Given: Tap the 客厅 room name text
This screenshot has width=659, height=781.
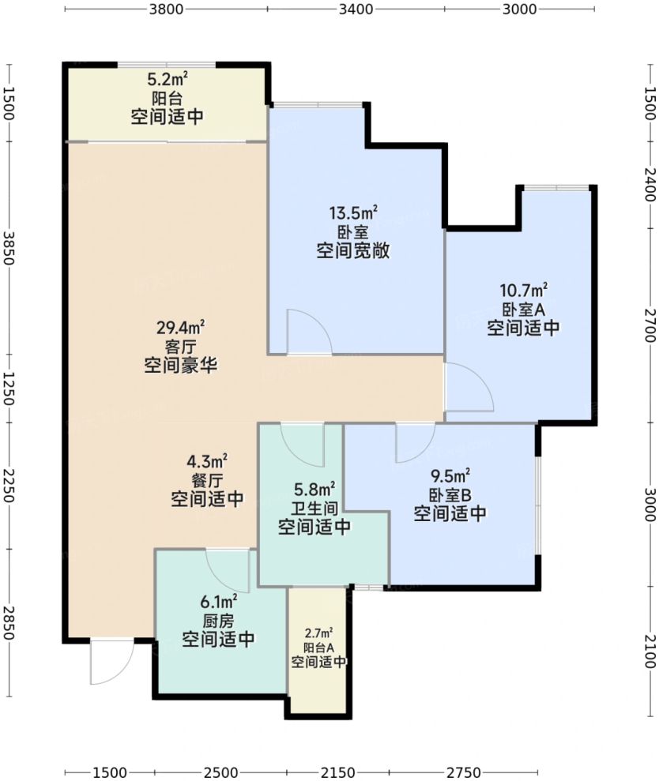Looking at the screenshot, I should (x=181, y=346).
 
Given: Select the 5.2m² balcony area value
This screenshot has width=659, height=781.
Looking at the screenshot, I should (x=168, y=79).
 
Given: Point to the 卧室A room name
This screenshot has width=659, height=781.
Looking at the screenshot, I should (x=524, y=309).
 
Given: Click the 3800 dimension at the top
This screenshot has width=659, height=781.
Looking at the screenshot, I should (x=166, y=9).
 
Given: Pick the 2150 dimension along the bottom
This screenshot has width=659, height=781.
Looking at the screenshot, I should (x=337, y=772).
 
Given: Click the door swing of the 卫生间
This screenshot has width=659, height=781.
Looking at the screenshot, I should (x=303, y=443).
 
